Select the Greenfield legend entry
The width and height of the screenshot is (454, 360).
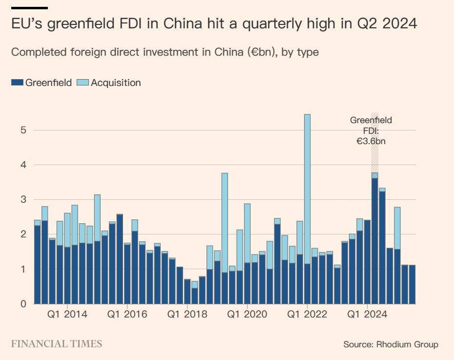click(x=41, y=83)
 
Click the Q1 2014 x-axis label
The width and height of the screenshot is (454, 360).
click(x=67, y=315)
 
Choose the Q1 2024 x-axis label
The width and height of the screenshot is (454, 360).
click(x=368, y=315)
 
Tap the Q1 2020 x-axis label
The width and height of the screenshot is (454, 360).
click(x=248, y=315)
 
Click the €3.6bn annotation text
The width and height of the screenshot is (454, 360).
click(x=371, y=141)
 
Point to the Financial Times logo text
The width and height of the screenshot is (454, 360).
click(x=57, y=344)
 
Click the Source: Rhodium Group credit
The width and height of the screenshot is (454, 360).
click(x=391, y=344)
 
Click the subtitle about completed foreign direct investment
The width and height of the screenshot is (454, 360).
click(x=165, y=52)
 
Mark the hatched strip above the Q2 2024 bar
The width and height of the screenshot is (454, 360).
click(x=374, y=142)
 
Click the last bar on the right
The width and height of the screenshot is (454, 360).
click(x=412, y=284)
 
